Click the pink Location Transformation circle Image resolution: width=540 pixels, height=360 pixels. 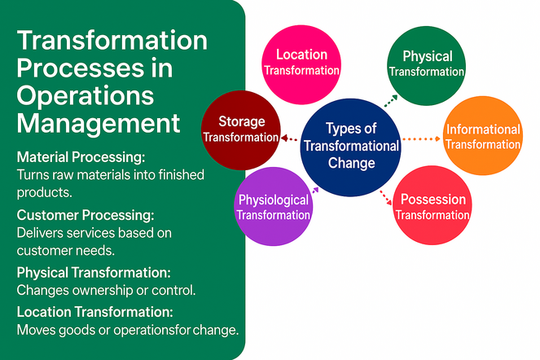pyautogui.click(x=301, y=62)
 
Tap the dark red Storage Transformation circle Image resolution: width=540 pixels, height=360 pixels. pyautogui.click(x=240, y=129)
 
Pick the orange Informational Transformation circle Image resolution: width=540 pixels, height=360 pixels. pyautogui.click(x=483, y=136)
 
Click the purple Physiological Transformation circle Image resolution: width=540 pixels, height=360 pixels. pyautogui.click(x=274, y=207)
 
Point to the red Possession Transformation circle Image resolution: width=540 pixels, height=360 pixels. pyautogui.click(x=432, y=207)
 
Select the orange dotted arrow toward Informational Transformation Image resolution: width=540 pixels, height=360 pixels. pyautogui.click(x=421, y=139)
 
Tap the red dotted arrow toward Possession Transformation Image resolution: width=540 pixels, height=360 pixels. pyautogui.click(x=386, y=197)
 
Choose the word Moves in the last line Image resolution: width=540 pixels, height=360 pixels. pyautogui.click(x=36, y=330)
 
